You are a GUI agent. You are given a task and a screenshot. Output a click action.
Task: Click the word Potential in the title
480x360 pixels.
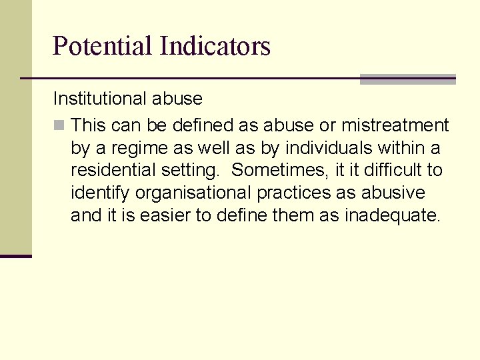point(103,46)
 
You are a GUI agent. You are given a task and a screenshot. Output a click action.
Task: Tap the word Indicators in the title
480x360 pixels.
point(215,46)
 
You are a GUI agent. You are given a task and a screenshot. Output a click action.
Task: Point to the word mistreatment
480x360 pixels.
point(395,125)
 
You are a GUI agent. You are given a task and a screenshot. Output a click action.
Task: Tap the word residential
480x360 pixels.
point(112,171)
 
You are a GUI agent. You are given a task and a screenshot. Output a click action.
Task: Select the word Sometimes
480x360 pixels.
point(279,171)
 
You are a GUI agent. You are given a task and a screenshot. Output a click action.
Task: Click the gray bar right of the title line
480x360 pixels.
point(407,79)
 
